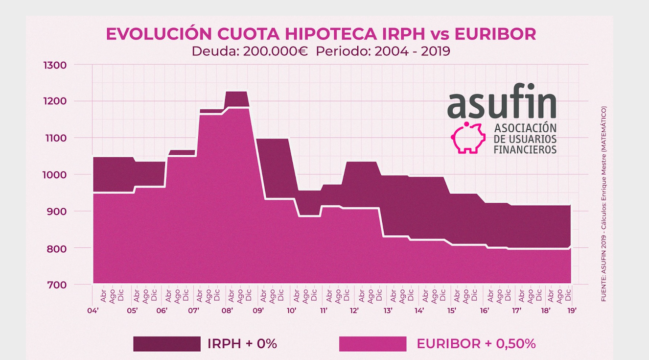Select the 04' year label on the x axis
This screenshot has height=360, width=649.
93,310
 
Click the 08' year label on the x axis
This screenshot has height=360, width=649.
227,310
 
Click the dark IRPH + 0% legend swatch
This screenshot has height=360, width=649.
167,344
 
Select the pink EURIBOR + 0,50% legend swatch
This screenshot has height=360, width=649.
372,344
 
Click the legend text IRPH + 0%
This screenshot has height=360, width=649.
242,344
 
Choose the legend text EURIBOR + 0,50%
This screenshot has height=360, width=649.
476,344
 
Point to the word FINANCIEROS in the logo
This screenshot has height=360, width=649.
525,149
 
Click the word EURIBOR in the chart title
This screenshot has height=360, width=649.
495,34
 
